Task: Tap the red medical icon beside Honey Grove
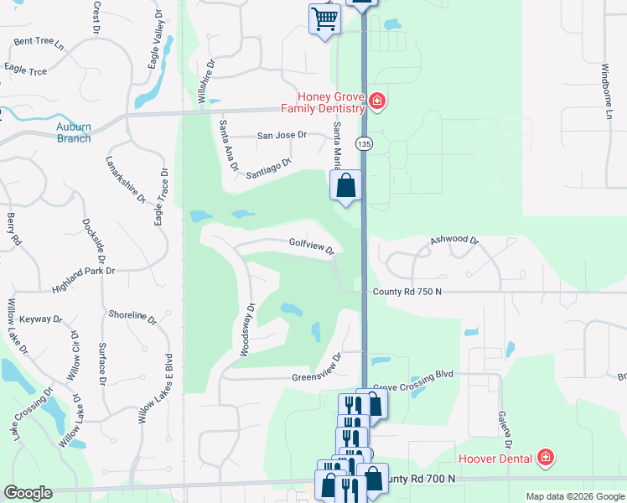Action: click(377, 102)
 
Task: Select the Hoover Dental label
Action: click(495, 459)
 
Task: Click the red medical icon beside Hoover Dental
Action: click(546, 458)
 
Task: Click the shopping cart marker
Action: click(324, 18)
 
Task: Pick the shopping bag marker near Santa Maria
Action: click(346, 185)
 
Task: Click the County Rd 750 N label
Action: click(407, 291)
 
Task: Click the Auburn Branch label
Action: click(74, 132)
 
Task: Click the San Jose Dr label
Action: click(282, 135)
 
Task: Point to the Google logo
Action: click(28, 493)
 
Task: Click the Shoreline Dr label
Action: click(132, 316)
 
